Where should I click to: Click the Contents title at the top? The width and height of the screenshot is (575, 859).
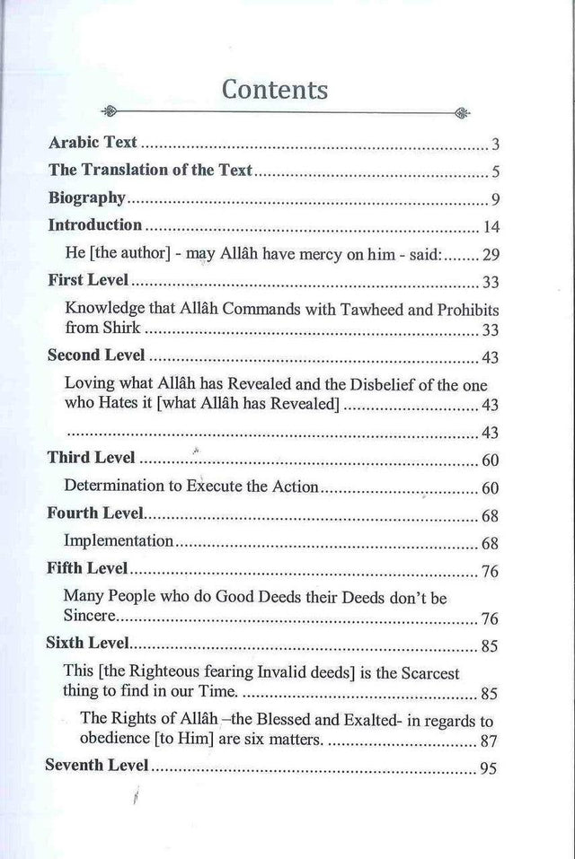click(x=274, y=90)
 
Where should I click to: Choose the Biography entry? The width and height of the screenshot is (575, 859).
click(x=88, y=199)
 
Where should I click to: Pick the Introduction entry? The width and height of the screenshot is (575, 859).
click(x=94, y=226)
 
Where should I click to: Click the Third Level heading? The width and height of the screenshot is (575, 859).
click(x=91, y=459)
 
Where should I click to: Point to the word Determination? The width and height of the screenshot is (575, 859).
click(x=113, y=487)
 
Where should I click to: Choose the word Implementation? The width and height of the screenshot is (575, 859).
click(x=118, y=542)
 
